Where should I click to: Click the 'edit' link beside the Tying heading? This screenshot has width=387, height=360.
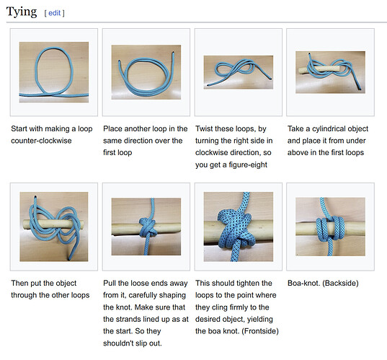(54, 13)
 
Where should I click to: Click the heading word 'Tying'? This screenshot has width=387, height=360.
(22, 12)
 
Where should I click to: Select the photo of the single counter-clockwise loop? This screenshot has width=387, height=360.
(54, 72)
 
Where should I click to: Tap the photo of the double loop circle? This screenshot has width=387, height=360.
(146, 72)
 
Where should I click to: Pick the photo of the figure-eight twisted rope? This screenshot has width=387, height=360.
(239, 72)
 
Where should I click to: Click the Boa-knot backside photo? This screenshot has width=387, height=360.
(330, 227)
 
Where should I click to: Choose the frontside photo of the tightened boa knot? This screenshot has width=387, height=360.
(239, 227)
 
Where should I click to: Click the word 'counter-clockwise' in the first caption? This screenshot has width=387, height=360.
(41, 141)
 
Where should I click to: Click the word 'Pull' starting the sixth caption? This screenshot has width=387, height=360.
(110, 283)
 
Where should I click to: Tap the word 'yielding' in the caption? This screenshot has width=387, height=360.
(260, 319)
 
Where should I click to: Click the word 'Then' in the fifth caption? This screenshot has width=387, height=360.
(19, 283)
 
